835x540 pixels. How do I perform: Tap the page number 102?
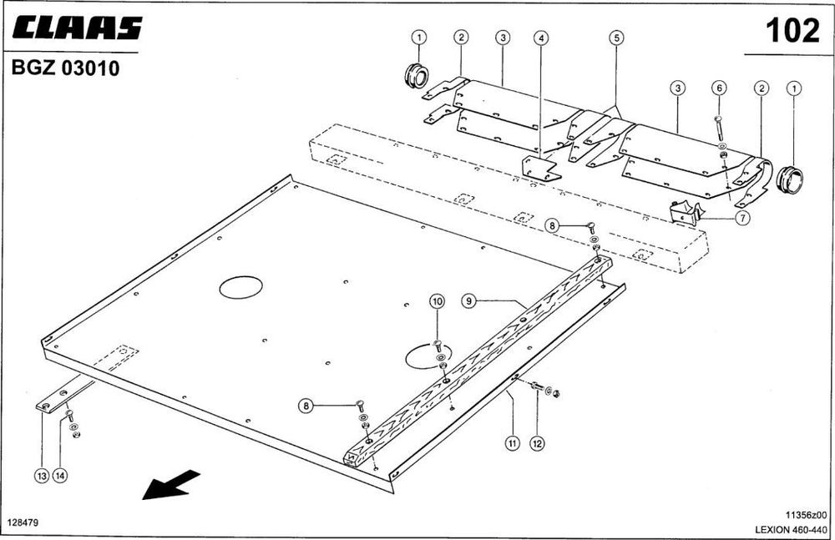(x=792, y=31)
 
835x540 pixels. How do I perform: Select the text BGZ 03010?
(x=65, y=69)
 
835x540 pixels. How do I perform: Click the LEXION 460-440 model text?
(x=790, y=529)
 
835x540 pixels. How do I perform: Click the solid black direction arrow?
(x=171, y=485)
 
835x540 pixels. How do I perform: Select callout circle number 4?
(x=542, y=38)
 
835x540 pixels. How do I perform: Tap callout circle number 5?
(x=615, y=38)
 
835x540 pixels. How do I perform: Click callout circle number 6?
(x=719, y=88)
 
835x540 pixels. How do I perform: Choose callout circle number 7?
(x=743, y=219)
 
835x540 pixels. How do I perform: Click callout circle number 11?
(x=511, y=443)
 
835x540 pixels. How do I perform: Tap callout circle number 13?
(x=41, y=476)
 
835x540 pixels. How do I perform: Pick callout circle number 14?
(x=59, y=476)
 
